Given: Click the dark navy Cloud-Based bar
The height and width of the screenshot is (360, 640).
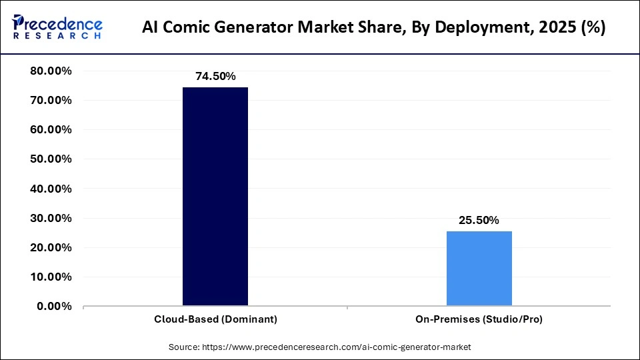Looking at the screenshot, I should coord(215,197).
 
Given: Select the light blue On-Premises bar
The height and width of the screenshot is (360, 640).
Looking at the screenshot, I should coord(479,269).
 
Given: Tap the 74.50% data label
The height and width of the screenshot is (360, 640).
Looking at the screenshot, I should coord(215,77).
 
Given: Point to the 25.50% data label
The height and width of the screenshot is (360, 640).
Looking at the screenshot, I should coord(479,221).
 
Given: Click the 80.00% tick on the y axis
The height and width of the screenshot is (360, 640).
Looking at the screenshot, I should coord(51,71).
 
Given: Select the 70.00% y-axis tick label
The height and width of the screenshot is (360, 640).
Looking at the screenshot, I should coord(51,101).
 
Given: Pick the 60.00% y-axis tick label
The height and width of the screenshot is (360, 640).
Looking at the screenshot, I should coord(51,130).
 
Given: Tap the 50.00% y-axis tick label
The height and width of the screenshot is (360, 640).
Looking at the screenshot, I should coord(51,159).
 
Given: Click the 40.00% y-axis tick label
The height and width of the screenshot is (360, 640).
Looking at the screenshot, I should coord(51,189).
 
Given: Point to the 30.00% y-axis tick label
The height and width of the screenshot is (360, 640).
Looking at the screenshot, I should coord(51,218).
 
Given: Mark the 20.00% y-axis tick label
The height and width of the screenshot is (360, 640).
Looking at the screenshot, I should coord(51,247).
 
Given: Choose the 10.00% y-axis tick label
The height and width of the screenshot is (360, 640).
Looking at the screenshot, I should coord(51,277).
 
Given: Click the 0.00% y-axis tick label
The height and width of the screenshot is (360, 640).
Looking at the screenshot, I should coord(54,306).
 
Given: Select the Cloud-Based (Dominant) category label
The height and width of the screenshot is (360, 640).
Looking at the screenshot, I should coord(215,319).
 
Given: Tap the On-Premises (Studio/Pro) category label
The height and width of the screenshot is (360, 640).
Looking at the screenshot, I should coord(479,319).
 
